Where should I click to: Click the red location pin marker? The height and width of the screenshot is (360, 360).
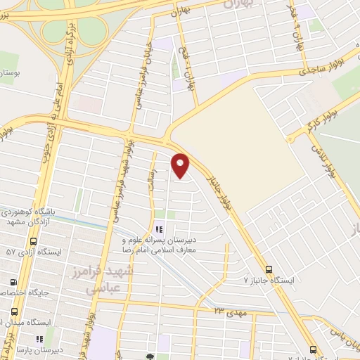[181, 165]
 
